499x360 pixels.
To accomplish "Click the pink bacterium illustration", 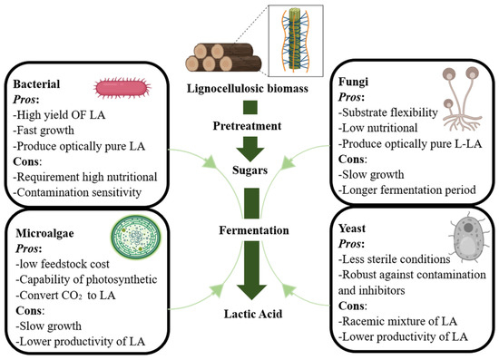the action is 122,88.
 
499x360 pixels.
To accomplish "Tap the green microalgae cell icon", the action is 136,237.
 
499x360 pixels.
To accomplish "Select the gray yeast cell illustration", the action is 467,238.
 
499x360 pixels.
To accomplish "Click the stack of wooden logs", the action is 223,57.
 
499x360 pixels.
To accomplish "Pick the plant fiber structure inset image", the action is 296,41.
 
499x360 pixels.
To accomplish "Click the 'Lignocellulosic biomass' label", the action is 248,88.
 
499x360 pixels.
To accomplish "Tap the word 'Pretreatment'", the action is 247,126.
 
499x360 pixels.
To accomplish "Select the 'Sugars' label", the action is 249,170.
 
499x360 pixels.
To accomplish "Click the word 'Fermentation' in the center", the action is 254,230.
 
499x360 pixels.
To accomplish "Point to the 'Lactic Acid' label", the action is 253,314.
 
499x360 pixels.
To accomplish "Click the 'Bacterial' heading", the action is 36,84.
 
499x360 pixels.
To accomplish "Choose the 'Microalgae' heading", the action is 44,233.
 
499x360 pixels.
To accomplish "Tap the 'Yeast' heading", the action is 352,229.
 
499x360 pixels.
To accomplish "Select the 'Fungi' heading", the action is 353,82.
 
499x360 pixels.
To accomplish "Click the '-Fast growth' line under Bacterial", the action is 44,131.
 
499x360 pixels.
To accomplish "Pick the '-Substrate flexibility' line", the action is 388,112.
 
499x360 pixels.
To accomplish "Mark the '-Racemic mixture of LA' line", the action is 397,321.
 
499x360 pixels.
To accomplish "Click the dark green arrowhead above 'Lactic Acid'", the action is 251,292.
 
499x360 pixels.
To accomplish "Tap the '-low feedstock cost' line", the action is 63,264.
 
